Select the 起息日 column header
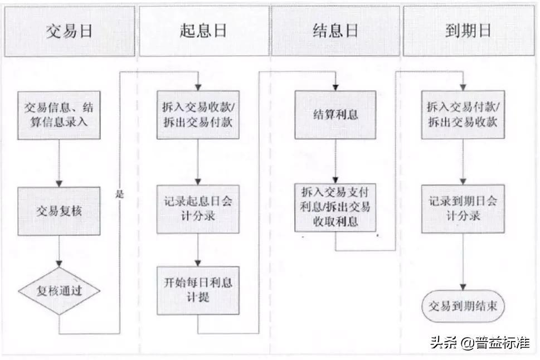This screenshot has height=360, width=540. point(203,31)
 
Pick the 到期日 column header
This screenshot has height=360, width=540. point(468,31)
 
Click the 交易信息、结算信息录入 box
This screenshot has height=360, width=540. point(59,115)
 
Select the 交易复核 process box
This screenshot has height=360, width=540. point(59,211)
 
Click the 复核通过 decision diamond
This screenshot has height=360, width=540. point(59,291)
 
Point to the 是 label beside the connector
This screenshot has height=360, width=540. point(119,195)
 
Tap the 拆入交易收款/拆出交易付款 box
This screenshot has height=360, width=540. point(198,115)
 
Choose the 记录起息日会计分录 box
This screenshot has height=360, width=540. point(198,209)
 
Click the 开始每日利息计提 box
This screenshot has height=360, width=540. point(198,290)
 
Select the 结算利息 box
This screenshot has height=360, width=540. point(336,115)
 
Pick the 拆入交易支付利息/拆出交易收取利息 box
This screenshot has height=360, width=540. point(335,207)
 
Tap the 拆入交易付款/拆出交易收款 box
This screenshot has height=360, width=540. point(463,115)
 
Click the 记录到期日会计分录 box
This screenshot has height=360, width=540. point(463,209)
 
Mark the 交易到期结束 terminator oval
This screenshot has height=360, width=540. point(463,306)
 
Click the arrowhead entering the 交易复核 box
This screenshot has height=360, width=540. point(59,183)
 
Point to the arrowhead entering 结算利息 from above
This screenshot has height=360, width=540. point(336,87)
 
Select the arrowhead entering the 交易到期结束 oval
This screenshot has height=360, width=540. point(463,287)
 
